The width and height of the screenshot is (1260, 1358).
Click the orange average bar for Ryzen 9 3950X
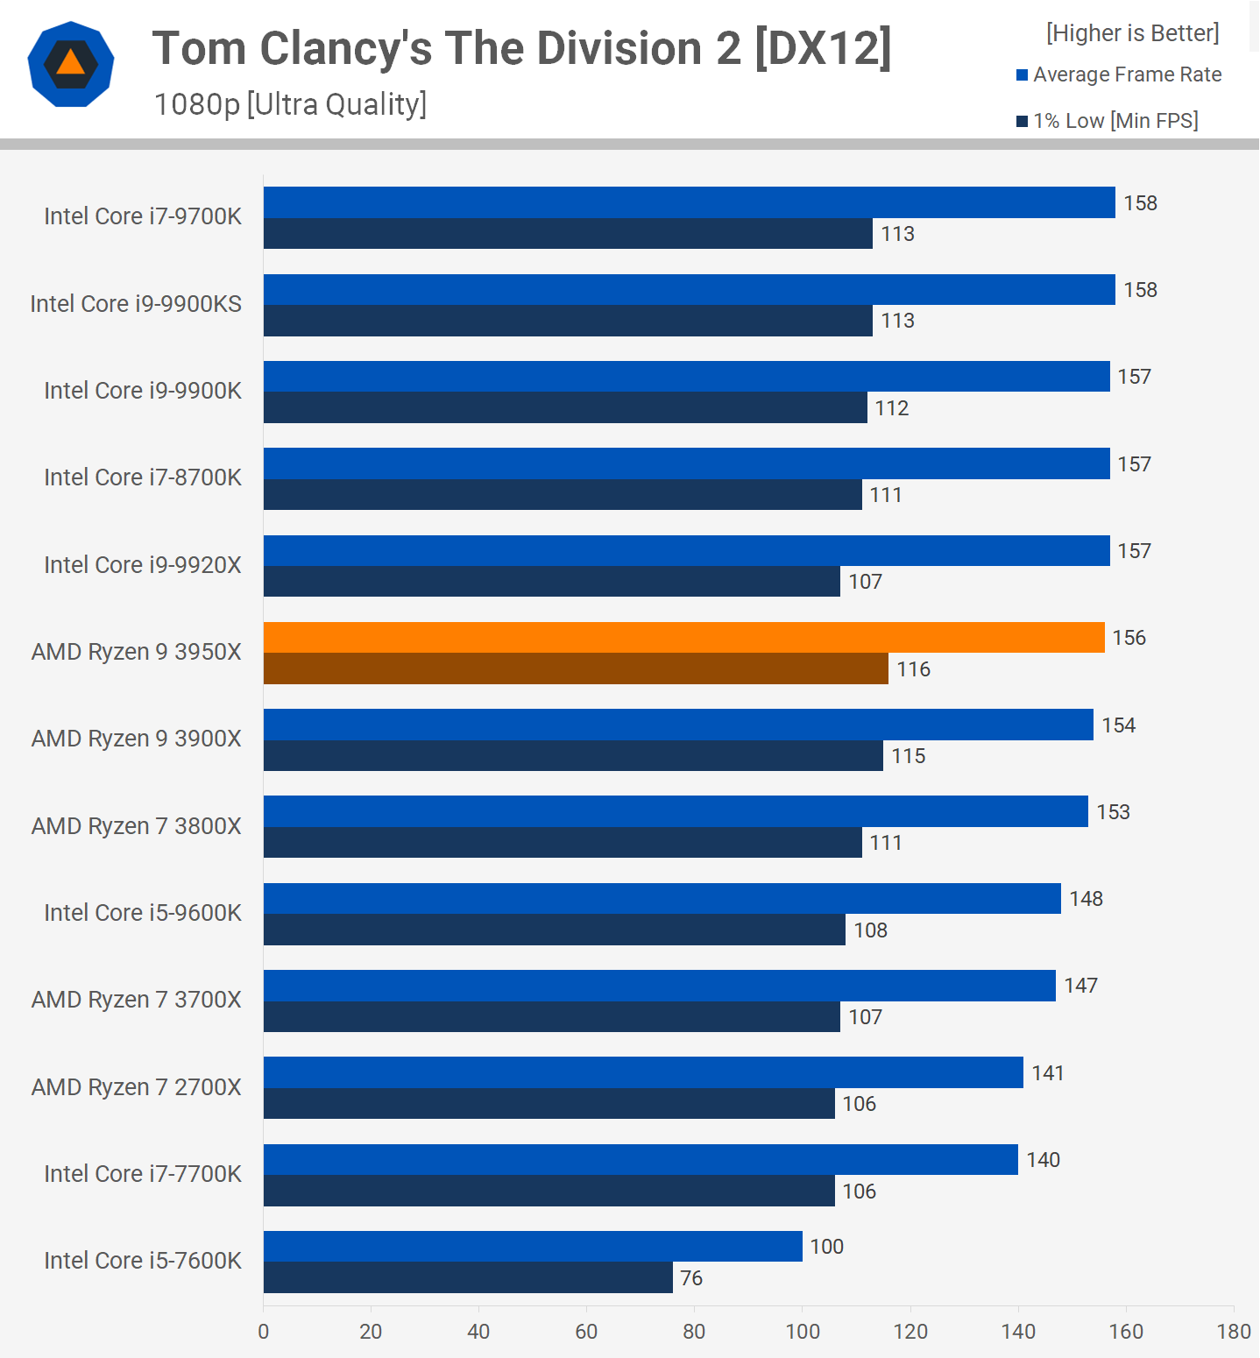[683, 638]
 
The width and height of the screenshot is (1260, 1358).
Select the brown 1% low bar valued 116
[576, 669]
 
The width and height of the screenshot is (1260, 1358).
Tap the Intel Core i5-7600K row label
[143, 1261]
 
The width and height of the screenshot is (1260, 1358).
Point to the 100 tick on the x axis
[803, 1332]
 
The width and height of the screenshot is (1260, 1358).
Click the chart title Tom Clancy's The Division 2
[521, 49]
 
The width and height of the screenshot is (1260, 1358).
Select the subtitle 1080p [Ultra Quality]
[290, 104]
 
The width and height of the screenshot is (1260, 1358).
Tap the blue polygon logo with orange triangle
[71, 64]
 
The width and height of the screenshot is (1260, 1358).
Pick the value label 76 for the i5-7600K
[691, 1278]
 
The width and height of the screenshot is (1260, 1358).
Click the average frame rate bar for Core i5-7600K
[533, 1247]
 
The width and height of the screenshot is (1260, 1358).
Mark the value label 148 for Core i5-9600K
[1086, 899]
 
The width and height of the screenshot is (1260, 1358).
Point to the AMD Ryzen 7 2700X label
[137, 1087]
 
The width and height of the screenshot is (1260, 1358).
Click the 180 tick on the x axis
[1234, 1332]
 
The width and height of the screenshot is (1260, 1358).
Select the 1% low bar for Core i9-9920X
[552, 582]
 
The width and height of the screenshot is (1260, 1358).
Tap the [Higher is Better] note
[1132, 33]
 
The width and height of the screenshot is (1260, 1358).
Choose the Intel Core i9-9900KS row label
[136, 304]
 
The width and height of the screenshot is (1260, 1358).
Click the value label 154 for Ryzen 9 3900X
[1118, 725]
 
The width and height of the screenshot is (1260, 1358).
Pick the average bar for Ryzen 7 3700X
[659, 986]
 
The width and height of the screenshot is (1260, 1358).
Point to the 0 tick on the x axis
[264, 1332]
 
